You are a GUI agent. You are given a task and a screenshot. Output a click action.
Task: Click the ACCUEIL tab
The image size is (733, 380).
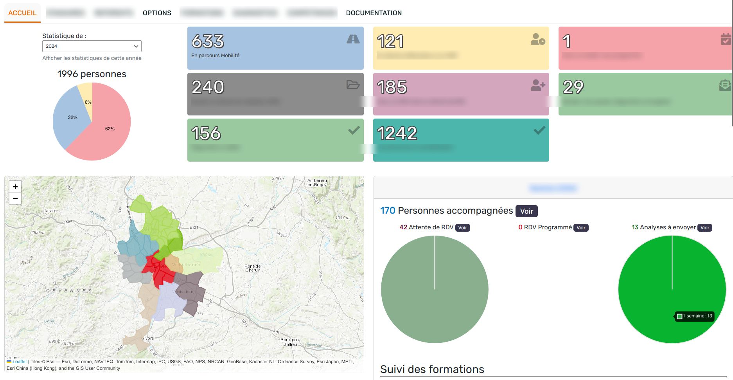(22, 13)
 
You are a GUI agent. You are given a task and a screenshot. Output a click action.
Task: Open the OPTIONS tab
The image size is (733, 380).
(157, 13)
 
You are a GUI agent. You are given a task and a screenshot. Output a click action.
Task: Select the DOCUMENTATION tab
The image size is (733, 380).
(374, 13)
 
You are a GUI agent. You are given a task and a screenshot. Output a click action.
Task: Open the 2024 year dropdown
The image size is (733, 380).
(92, 46)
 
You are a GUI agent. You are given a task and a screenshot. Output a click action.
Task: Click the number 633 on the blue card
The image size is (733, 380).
(208, 41)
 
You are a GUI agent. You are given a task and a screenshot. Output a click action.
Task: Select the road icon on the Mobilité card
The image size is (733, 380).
(353, 39)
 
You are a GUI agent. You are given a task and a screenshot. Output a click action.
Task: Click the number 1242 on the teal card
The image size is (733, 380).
(397, 133)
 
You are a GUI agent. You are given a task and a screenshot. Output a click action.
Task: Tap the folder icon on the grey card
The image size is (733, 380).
(353, 85)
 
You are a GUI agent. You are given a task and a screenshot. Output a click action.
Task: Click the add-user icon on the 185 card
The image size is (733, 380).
(538, 85)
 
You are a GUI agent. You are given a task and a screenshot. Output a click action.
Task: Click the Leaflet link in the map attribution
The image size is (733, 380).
(19, 362)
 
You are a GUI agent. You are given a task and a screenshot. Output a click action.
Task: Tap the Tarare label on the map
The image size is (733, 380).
(50, 211)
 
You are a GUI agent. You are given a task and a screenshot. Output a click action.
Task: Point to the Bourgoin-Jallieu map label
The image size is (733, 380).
(290, 342)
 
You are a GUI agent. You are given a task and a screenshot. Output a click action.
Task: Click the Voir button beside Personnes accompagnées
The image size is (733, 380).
(526, 211)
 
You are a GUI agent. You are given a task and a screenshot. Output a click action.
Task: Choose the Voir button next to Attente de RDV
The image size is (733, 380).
(463, 228)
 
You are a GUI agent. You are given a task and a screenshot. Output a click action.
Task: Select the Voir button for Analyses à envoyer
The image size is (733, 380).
(705, 228)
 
